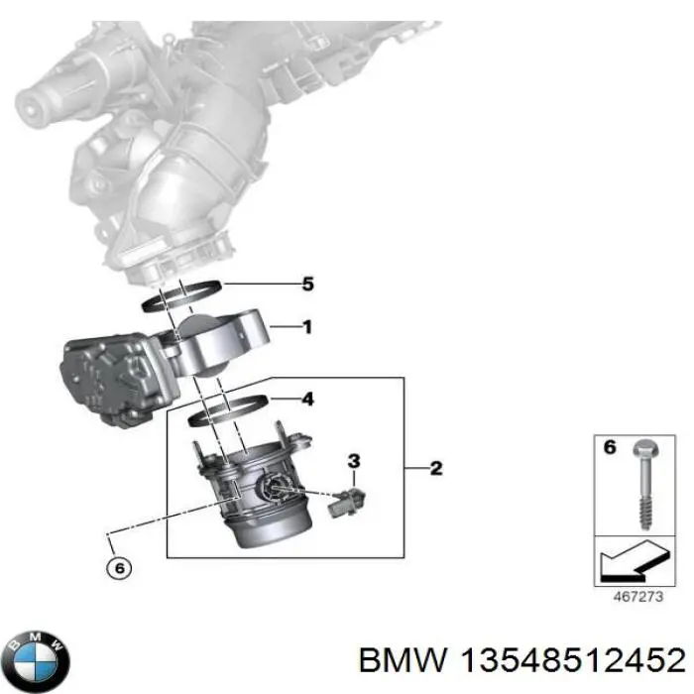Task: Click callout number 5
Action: click(307, 285)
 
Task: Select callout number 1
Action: click(307, 326)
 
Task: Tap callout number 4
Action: click(307, 401)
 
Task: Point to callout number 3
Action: click(353, 460)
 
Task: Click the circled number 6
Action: click(117, 568)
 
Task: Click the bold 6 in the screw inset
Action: click(610, 448)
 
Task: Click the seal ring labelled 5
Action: click(188, 294)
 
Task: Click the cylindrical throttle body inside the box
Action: click(253, 486)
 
